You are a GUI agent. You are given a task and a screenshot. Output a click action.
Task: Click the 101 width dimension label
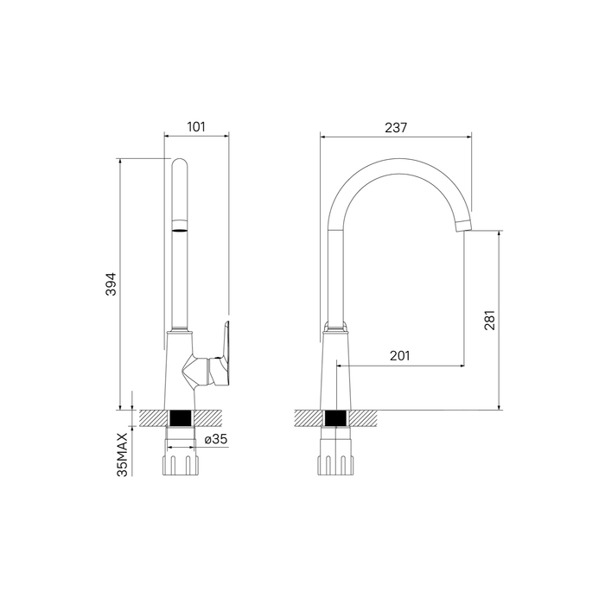pos(196,126)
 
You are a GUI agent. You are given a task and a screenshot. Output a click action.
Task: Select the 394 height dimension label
pos(111,284)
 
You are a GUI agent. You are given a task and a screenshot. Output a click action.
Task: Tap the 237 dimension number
pos(396,127)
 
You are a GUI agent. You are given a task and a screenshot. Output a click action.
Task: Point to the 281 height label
pos(489,321)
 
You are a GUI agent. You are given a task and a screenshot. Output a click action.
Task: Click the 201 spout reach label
pos(399,356)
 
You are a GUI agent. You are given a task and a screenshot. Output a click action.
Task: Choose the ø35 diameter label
pos(216,439)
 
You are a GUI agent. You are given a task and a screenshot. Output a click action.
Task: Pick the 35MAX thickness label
pos(123,455)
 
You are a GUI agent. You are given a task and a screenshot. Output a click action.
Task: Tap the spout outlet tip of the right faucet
pos(464,226)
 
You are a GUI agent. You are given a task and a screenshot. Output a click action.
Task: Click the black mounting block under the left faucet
pos(181,418)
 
